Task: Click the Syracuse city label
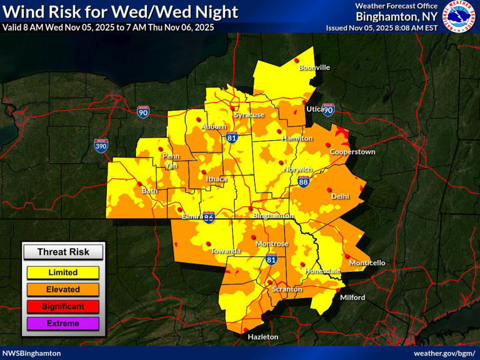[249, 115]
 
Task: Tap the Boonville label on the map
[314, 67]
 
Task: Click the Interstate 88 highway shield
[304, 181]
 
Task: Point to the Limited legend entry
[62, 272]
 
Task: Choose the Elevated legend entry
[62, 289]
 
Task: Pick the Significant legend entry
[62, 306]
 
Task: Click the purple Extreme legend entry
[62, 323]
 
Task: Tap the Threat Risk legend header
[62, 252]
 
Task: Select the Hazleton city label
[262, 337]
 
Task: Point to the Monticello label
[367, 263]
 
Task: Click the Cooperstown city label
[352, 152]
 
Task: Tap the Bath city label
[150, 191]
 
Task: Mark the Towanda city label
[226, 251]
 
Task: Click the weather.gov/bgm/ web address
[445, 353]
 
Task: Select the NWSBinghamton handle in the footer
[32, 353]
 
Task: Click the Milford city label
[352, 297]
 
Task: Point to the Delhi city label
[340, 196]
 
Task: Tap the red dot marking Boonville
[297, 61]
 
